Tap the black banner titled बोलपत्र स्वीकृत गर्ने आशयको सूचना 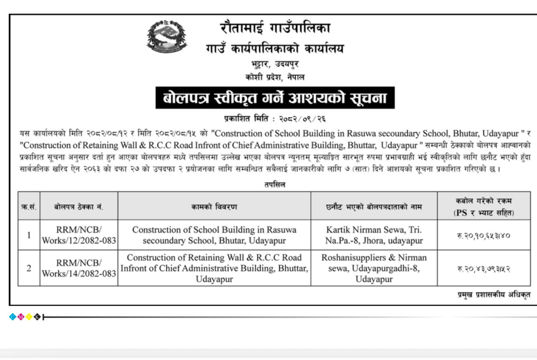275,98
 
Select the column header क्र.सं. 29,206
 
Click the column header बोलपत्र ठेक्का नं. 78,206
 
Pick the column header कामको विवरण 214,206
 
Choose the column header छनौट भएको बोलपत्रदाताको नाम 374,206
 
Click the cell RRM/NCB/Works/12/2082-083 78,235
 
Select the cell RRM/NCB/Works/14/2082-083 78,268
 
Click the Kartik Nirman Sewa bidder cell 374,235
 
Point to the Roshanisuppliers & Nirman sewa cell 374,268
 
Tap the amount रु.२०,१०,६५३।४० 484,235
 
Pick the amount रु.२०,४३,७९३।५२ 484,269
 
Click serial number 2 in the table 29,268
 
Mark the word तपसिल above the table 274,185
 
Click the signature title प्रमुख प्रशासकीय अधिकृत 494,295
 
